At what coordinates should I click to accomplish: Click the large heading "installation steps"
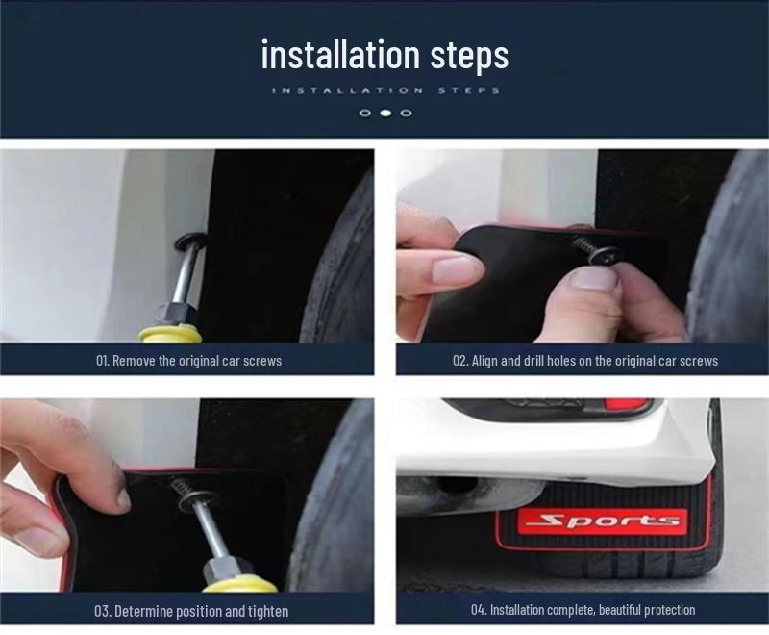click(x=385, y=54)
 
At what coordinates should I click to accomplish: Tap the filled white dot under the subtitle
click(x=386, y=113)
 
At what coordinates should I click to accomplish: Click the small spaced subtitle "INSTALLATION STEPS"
click(x=385, y=90)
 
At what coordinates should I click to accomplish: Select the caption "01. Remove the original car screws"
click(x=188, y=361)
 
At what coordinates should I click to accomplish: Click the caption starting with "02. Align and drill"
click(x=585, y=361)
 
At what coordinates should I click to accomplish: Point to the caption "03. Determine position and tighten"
click(x=190, y=612)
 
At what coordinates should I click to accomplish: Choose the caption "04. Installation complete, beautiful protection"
click(x=583, y=610)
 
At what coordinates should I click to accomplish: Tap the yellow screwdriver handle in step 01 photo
click(x=169, y=334)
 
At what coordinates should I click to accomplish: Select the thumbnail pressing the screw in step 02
click(x=594, y=279)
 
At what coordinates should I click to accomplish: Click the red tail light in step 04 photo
click(x=629, y=405)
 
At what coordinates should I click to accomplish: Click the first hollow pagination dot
click(x=365, y=113)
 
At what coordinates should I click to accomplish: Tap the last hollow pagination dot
click(x=407, y=113)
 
